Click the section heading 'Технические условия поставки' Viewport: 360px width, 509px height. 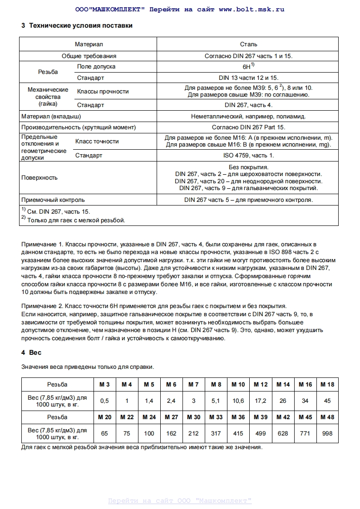click(x=80, y=26)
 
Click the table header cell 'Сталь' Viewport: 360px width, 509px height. click(x=248, y=44)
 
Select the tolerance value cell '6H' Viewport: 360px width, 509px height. click(x=247, y=67)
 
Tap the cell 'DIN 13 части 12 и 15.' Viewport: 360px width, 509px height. click(x=248, y=78)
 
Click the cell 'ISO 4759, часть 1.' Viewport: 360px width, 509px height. click(x=248, y=156)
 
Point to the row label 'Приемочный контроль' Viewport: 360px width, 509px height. click(x=53, y=200)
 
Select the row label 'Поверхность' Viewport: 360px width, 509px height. click(x=39, y=177)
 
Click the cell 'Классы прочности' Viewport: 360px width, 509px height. click(x=103, y=92)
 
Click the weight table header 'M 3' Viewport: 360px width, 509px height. click(x=104, y=384)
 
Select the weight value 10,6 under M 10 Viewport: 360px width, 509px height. click(x=238, y=401)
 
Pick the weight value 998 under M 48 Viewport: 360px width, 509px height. click(x=327, y=433)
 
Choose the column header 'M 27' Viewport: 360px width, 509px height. click(x=171, y=417)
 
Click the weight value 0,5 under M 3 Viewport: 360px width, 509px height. click(x=104, y=401)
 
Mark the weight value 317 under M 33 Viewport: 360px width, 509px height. click(x=216, y=433)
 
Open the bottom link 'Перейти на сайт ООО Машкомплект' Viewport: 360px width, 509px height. click(x=180, y=501)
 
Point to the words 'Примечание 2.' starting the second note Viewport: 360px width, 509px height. click(x=41, y=306)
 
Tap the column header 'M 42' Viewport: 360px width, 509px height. click(x=283, y=417)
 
